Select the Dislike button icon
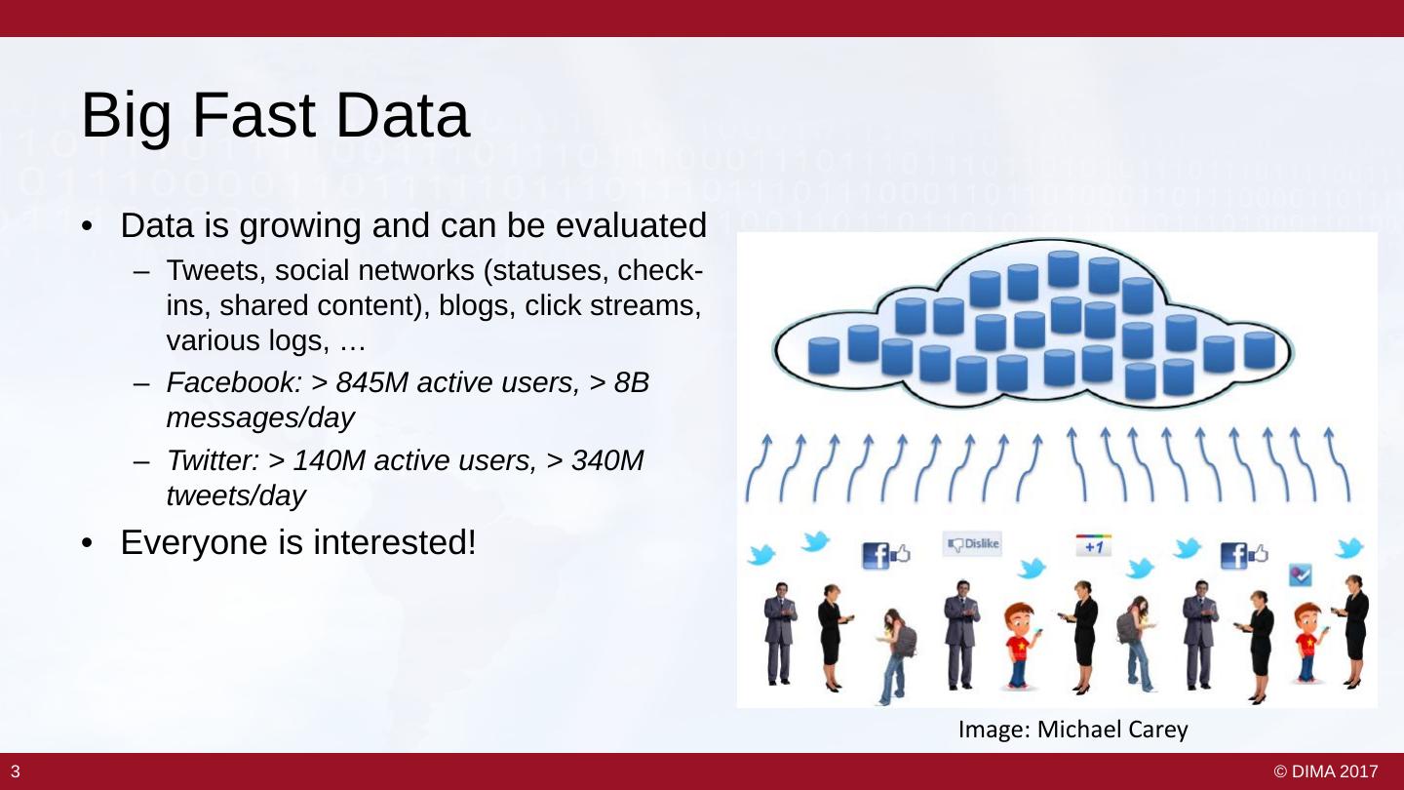[972, 544]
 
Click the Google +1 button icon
[1093, 545]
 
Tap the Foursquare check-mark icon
[1301, 574]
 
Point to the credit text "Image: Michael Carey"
[1072, 729]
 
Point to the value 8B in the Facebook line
[632, 383]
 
